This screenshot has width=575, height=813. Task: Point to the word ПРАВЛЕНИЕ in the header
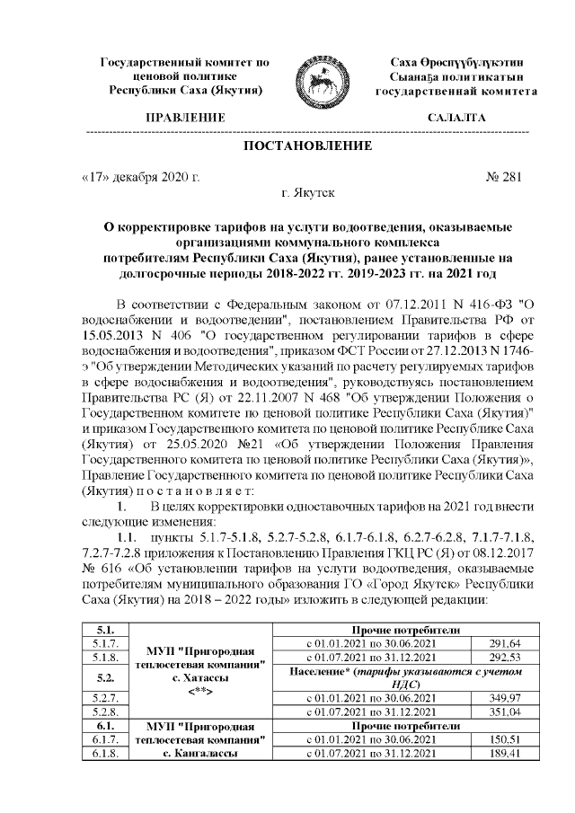pos(185,118)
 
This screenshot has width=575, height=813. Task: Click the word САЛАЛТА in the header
pos(456,118)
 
